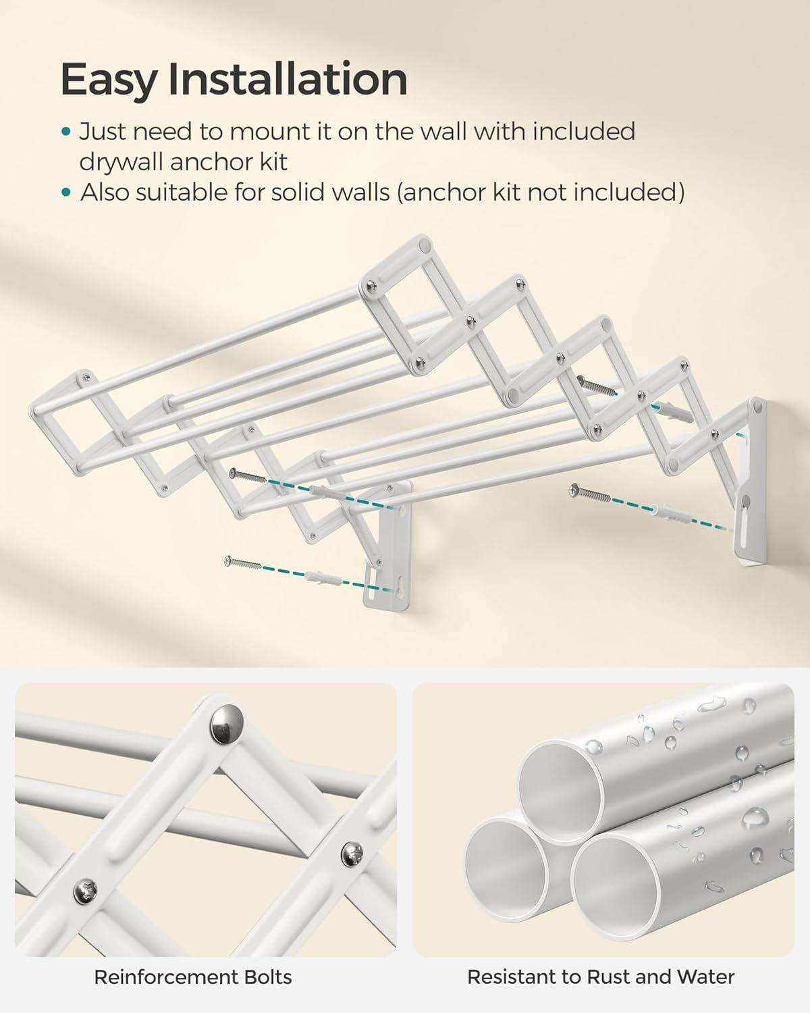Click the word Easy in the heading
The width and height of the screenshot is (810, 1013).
click(107, 80)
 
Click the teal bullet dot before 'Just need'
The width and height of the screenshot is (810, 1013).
click(65, 132)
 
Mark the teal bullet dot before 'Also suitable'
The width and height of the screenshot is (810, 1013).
click(65, 193)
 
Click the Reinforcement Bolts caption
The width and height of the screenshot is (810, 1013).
click(193, 977)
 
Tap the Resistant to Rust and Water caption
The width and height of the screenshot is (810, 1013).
click(601, 977)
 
